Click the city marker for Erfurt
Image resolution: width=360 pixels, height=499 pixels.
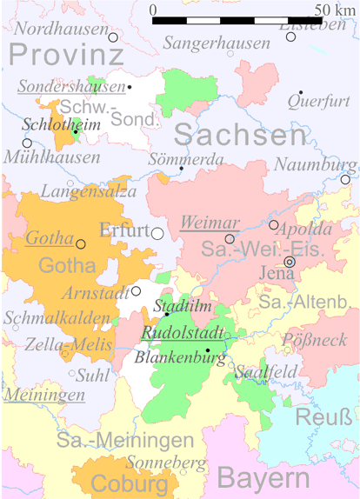coord(157,233)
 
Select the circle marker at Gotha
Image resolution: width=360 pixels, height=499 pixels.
coord(81,244)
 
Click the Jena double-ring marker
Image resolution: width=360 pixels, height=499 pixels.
coord(290,261)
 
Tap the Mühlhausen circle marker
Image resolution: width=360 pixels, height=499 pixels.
coord(27,143)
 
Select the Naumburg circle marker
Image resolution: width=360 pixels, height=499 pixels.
coord(345,180)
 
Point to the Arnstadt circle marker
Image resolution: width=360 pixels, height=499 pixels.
coord(137,291)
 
